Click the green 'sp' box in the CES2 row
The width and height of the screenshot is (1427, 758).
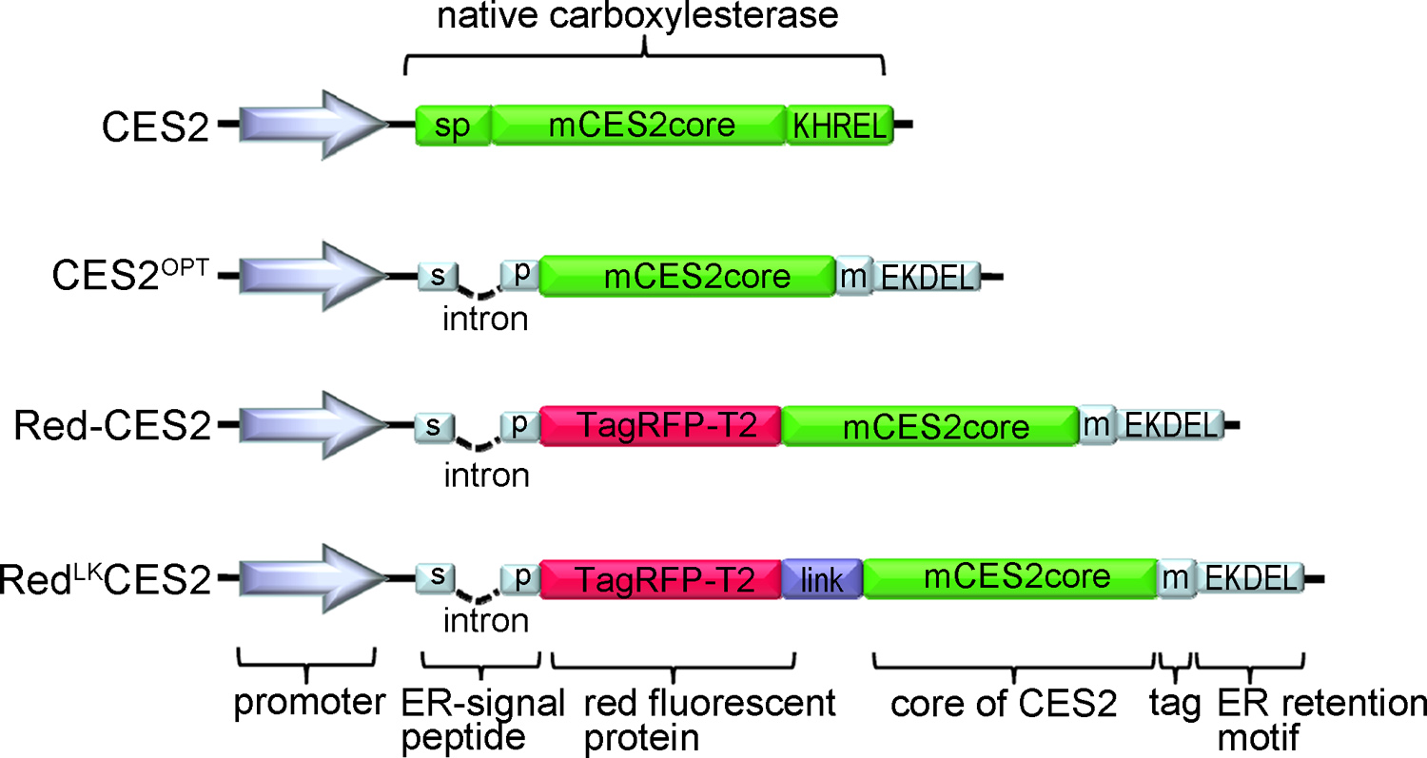point(454,126)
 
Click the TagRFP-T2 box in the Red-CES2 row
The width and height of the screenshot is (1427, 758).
point(661,426)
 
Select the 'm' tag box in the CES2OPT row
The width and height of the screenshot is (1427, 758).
point(853,275)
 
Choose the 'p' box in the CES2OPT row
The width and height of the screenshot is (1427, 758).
point(520,273)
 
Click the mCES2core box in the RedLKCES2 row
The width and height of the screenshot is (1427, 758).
point(1008,577)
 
